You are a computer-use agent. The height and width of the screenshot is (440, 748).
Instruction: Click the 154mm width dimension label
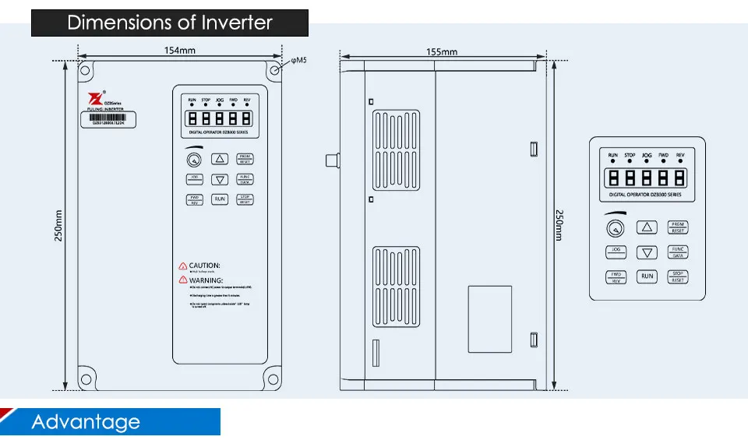(179, 51)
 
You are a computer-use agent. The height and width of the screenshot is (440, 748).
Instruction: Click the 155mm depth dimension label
(442, 52)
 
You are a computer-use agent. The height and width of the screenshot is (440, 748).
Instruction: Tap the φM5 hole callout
(298, 61)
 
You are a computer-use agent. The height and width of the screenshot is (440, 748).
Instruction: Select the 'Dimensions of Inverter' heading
(170, 23)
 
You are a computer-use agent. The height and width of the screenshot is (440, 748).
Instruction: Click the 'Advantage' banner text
(86, 422)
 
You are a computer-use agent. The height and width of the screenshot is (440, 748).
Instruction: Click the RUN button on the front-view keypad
(221, 199)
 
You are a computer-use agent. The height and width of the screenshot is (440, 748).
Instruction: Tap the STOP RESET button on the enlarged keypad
(678, 276)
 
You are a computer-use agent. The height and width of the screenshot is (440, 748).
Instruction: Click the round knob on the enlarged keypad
(615, 228)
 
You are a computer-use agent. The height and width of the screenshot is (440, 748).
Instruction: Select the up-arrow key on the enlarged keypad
(646, 227)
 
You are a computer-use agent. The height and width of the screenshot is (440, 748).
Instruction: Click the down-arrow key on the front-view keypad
(221, 179)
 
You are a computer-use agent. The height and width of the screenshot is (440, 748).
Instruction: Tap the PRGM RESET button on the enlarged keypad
(678, 227)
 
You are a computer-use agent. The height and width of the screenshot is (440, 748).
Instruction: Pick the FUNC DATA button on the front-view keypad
(245, 179)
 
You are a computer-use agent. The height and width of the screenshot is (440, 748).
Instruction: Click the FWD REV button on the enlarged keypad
(616, 276)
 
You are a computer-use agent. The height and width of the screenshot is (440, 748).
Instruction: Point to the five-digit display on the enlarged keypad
(646, 177)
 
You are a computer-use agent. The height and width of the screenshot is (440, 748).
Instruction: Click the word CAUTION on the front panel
(204, 266)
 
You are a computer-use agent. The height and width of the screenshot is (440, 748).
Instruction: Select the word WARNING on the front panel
(206, 280)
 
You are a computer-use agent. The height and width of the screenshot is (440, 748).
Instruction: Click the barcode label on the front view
(108, 118)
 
